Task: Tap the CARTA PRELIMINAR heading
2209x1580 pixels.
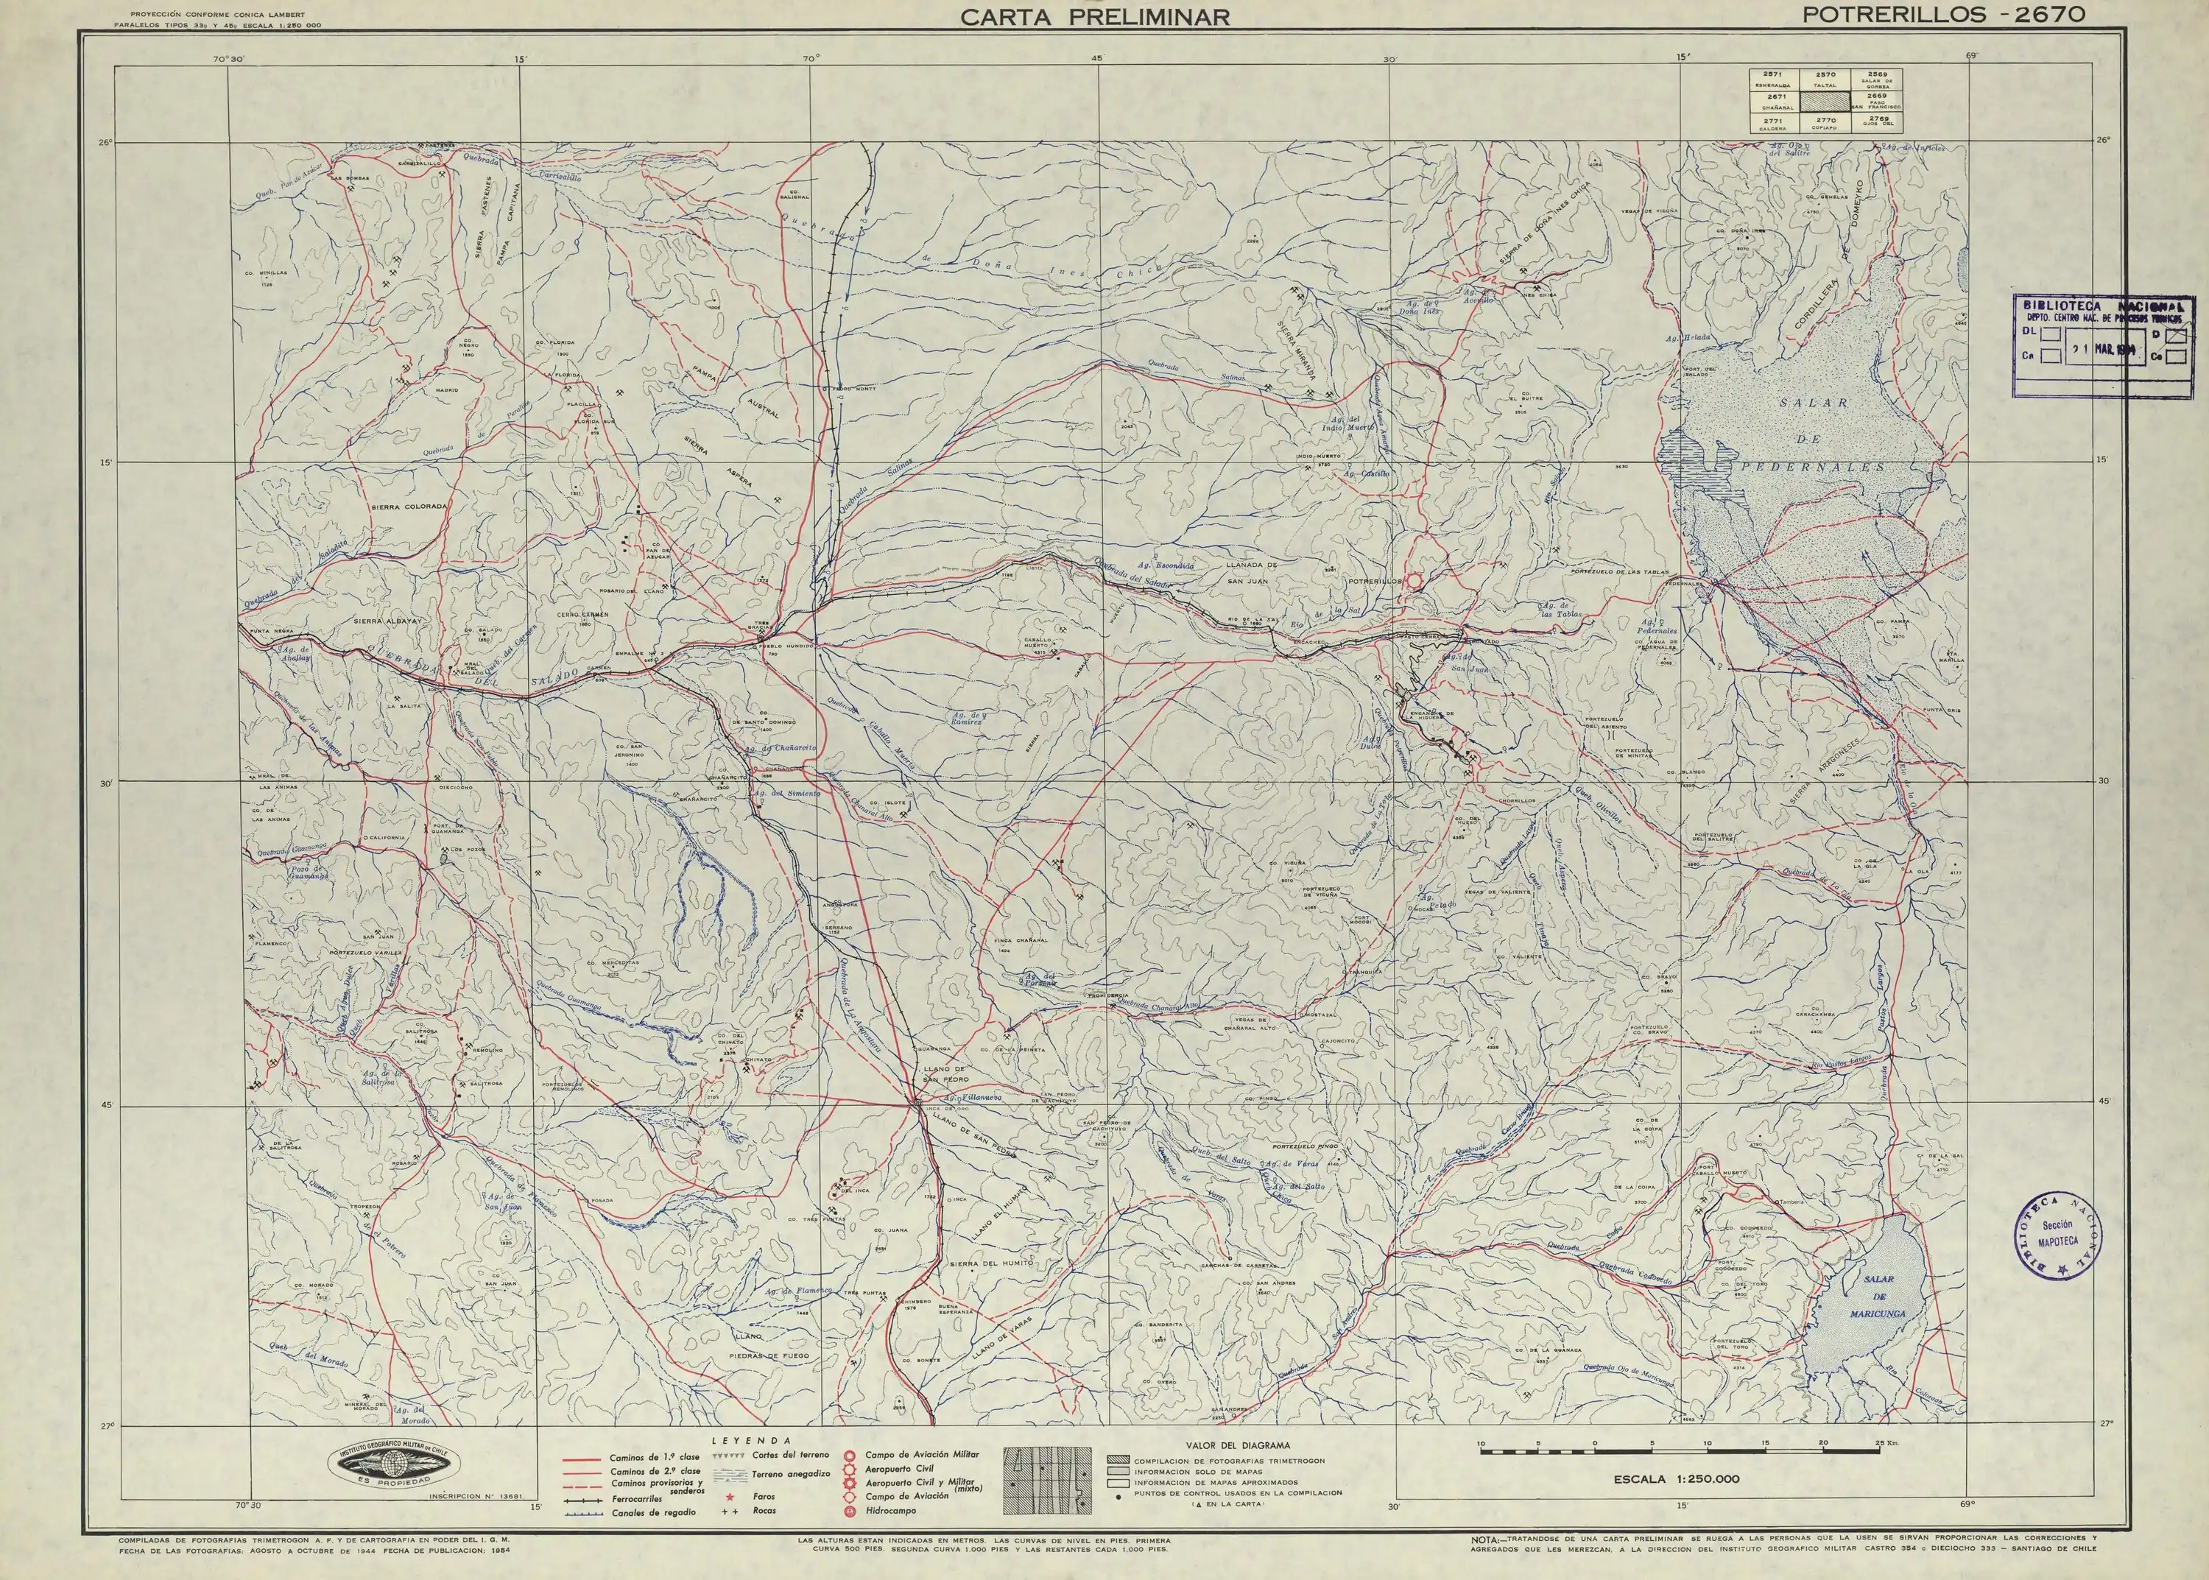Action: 1095,16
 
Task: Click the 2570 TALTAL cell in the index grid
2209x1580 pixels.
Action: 1825,79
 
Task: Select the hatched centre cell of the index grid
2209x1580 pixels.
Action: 1825,101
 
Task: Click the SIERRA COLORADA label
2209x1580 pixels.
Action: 409,507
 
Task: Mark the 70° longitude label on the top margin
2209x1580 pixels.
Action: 810,58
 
